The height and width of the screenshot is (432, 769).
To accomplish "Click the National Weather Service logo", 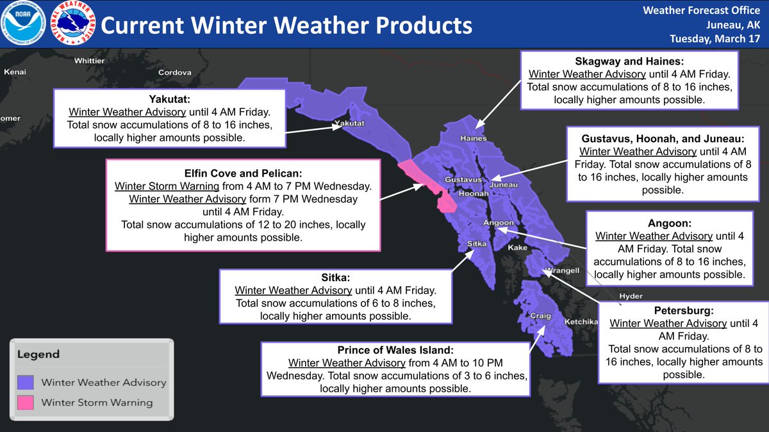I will coord(72,26).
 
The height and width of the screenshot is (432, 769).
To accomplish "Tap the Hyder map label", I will coord(631,296).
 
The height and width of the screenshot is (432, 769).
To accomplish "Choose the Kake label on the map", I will coord(517,247).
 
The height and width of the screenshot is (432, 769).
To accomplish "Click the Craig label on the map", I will coord(540,316).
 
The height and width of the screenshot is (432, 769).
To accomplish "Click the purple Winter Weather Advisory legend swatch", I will coord(25,382).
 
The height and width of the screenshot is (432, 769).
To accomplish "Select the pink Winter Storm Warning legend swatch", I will coord(25,403).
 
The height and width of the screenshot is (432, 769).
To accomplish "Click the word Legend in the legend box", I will coord(38,354).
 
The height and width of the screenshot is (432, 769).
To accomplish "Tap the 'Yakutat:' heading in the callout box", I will coord(170,99).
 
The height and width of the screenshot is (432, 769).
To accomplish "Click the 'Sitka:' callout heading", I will coord(335,278).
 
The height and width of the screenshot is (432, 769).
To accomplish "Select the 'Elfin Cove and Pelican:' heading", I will coord(242,173).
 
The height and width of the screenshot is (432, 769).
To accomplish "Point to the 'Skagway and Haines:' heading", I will coord(629,61).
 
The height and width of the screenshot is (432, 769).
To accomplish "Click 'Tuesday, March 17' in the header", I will coord(715,38).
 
